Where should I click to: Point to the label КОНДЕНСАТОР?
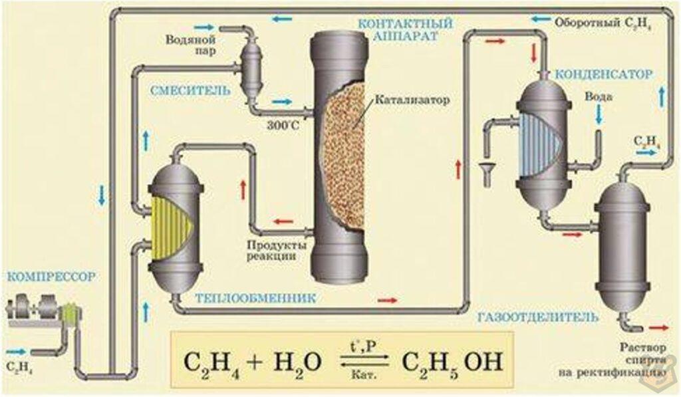pyautogui.click(x=604, y=74)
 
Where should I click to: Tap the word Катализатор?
pyautogui.click(x=412, y=101)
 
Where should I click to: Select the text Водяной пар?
pyautogui.click(x=190, y=45)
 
